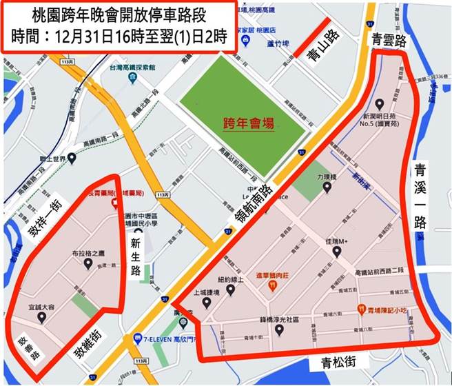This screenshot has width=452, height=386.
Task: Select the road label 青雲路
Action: point(386,39)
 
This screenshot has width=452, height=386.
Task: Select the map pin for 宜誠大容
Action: point(41,318)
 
